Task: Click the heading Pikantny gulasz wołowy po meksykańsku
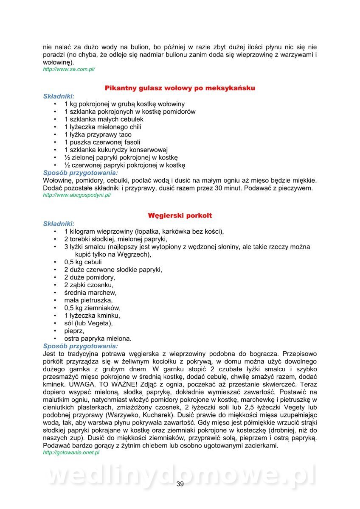[x=180, y=88]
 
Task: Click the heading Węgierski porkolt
[x=180, y=215]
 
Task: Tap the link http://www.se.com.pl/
[x=69, y=69]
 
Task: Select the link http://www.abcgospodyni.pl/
[x=77, y=195]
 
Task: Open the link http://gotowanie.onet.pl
[x=71, y=453]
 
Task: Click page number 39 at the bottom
[x=180, y=484]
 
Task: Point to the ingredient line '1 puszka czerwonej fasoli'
[x=102, y=142]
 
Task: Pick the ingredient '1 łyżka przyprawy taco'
[x=98, y=134]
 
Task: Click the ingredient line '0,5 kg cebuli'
[x=83, y=262]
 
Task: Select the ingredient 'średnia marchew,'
[x=90, y=293]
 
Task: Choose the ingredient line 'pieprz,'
[x=74, y=331]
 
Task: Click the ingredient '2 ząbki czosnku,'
[x=89, y=285]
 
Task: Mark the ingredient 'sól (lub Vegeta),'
[x=88, y=323]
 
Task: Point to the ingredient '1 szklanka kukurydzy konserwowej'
[x=116, y=150]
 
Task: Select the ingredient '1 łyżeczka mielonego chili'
[x=103, y=127]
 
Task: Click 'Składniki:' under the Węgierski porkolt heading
[x=59, y=224]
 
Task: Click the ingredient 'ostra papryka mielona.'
[x=98, y=338]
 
